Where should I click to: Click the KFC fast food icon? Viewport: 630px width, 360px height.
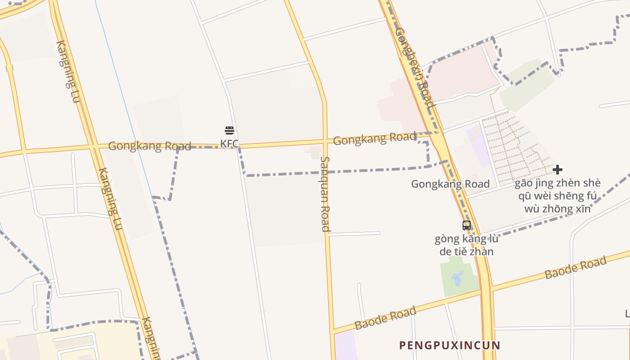(x=229, y=131)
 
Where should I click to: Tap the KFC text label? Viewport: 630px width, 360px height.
(x=229, y=144)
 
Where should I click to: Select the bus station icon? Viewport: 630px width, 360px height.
(x=467, y=225)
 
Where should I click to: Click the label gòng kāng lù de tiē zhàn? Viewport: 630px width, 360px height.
(x=467, y=245)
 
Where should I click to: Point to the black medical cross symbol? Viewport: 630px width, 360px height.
(x=558, y=170)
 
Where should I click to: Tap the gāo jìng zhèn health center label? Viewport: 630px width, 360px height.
(x=558, y=196)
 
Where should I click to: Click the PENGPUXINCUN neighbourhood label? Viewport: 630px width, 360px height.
(x=450, y=345)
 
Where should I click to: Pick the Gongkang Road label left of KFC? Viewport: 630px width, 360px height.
(x=149, y=146)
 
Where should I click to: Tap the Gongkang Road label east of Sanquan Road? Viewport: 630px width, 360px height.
(x=374, y=139)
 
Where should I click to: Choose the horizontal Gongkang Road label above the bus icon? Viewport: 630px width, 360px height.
(x=450, y=184)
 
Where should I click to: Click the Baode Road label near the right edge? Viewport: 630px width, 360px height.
(x=576, y=268)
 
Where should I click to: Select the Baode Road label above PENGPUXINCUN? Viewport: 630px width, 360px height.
(x=385, y=318)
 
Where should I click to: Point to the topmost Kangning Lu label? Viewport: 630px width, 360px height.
(x=68, y=71)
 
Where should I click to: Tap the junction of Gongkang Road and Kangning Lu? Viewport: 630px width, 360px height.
(x=93, y=147)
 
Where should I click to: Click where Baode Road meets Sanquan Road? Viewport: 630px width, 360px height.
(x=332, y=332)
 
